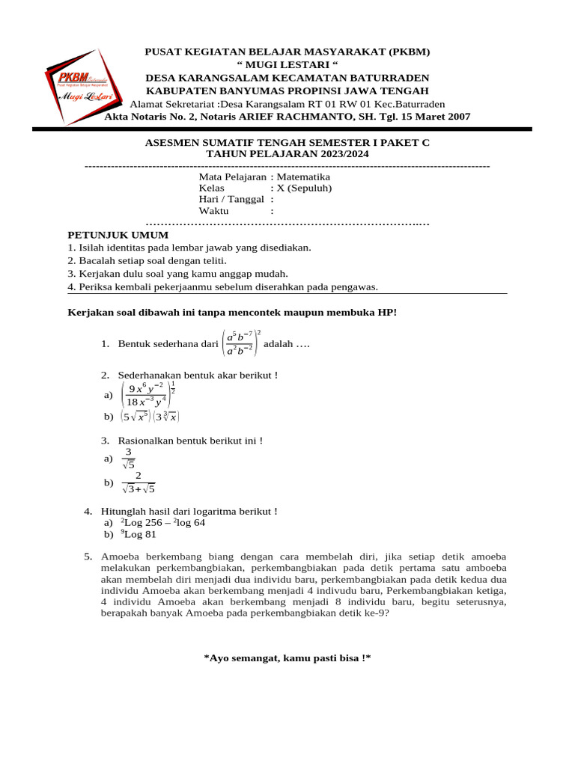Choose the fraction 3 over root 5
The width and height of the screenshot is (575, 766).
click(128, 458)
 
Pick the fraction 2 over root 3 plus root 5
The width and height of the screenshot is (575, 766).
click(138, 483)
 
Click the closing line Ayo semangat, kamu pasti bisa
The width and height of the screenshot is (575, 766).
click(287, 658)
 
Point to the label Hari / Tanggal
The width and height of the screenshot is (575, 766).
click(231, 199)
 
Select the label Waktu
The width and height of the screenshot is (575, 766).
click(213, 211)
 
